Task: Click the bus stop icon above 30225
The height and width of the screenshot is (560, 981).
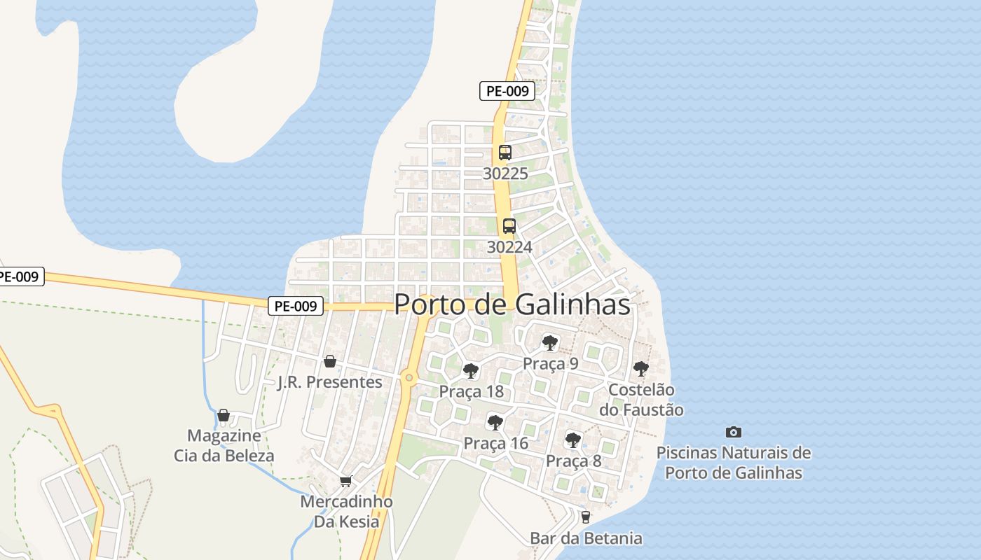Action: [505, 153]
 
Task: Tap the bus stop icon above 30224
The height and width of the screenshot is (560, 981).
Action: [509, 226]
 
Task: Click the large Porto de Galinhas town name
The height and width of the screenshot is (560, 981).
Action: [512, 304]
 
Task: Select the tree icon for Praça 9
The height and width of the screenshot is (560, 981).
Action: [550, 343]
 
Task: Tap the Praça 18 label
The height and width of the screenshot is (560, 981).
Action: [471, 391]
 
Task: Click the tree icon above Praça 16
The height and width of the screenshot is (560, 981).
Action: [495, 422]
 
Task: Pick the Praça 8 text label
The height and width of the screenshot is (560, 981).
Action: [573, 461]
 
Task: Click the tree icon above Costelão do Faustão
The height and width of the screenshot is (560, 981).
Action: [640, 368]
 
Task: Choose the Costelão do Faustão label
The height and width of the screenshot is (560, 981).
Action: [641, 400]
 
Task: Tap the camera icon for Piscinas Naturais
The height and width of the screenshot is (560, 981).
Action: [734, 433]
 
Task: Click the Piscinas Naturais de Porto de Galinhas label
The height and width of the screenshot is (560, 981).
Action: [734, 463]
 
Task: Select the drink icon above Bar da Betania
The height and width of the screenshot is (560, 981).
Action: [586, 517]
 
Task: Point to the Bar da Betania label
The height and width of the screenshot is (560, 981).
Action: [586, 538]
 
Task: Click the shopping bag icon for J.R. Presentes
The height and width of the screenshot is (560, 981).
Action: [330, 361]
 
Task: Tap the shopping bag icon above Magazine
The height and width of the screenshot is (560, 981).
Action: [224, 416]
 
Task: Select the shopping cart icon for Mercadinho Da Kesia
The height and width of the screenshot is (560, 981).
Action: [345, 482]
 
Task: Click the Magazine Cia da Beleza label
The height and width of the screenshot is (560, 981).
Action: [224, 446]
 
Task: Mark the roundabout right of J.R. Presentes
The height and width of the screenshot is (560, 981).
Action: [409, 378]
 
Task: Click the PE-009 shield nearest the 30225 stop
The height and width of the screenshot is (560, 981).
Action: [507, 90]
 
